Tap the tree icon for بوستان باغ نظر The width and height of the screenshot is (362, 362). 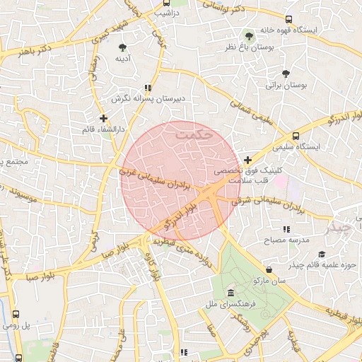click(x=249, y=34)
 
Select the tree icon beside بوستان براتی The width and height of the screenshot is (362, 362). click(x=286, y=73)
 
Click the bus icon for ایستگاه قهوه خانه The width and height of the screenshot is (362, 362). click(x=288, y=19)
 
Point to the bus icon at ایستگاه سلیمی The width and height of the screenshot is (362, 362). click(x=296, y=136)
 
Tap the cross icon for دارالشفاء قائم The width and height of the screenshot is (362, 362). click(x=103, y=118)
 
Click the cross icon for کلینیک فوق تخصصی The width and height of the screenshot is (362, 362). click(x=247, y=160)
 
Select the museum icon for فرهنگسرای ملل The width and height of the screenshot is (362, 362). click(x=230, y=293)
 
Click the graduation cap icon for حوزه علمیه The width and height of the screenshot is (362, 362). click(x=322, y=255)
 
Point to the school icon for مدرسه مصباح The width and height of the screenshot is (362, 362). click(x=286, y=229)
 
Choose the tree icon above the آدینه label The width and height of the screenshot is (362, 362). click(x=123, y=47)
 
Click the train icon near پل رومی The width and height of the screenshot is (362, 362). click(x=16, y=313)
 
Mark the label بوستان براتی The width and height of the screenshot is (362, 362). click(x=286, y=85)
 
